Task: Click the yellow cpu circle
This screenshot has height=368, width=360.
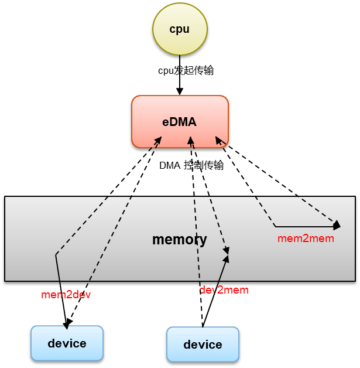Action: click(x=179, y=29)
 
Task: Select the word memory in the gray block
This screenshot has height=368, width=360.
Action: click(x=179, y=240)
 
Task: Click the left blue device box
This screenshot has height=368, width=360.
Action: click(x=67, y=343)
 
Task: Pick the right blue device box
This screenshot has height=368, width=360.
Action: click(x=203, y=344)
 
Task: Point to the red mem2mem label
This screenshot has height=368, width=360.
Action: click(x=306, y=238)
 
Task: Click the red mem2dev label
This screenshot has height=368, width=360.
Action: click(x=66, y=295)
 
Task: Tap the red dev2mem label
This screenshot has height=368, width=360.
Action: click(x=224, y=290)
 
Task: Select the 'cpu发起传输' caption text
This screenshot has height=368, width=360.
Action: click(x=186, y=70)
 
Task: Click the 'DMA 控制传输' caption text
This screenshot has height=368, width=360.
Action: click(x=191, y=165)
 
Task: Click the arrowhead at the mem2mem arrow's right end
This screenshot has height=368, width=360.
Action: click(x=337, y=225)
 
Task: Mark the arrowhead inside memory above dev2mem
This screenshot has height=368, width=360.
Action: click(x=227, y=253)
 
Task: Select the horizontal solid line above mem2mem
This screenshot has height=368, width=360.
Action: click(x=304, y=226)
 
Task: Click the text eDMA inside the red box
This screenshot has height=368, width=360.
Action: click(x=179, y=122)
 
